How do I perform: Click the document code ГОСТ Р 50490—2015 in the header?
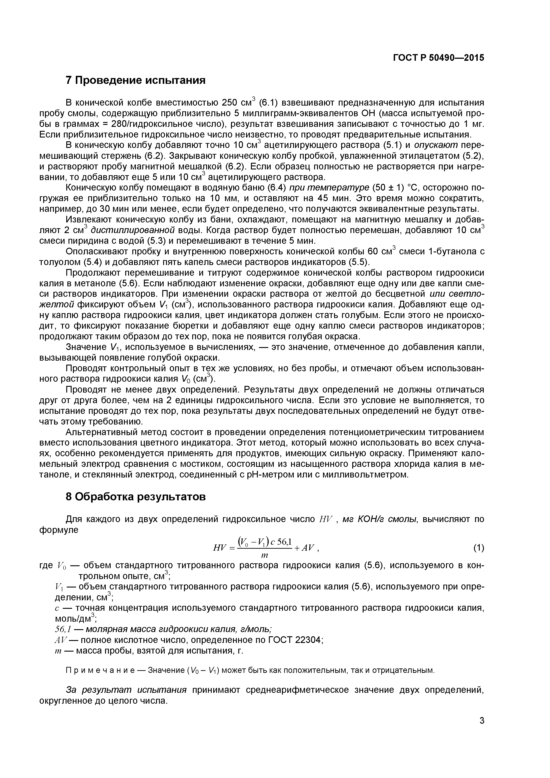coord(438,58)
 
